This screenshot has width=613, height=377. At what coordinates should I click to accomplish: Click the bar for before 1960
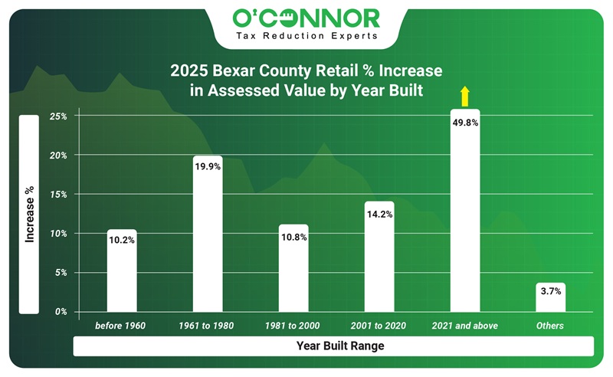[122, 276]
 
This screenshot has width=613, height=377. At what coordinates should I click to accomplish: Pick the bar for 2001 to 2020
[379, 261]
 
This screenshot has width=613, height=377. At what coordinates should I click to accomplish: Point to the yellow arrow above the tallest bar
[464, 97]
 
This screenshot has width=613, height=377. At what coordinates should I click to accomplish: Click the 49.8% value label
[466, 121]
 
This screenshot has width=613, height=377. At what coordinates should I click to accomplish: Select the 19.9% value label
[208, 167]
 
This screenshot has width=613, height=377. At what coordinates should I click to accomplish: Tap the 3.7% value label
[551, 292]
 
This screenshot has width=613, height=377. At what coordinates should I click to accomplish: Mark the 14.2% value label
[379, 214]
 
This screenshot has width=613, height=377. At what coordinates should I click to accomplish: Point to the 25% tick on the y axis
[60, 116]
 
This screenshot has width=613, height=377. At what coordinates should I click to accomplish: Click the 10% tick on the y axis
[60, 234]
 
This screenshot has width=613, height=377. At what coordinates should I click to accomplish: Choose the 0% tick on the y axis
[62, 312]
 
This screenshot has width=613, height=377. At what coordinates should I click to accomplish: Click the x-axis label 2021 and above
[465, 326]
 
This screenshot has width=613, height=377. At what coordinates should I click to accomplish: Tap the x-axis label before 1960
[121, 326]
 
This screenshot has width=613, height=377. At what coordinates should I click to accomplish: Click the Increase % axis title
[30, 215]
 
